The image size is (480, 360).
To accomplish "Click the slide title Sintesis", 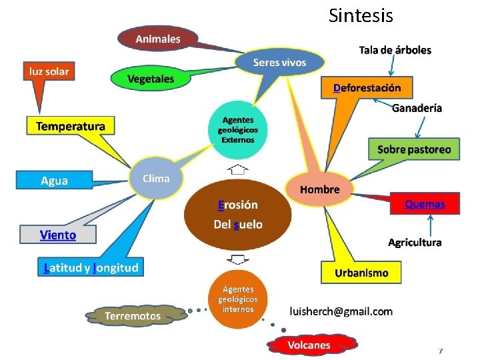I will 361,15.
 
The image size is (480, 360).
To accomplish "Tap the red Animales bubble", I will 158,39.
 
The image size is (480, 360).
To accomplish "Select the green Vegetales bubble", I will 151,79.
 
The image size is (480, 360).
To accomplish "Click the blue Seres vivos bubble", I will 279,63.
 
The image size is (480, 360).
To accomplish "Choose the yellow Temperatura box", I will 70,126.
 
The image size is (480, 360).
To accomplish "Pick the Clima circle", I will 156,179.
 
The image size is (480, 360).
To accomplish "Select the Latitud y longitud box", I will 91,268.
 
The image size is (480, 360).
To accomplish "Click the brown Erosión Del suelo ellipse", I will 238,214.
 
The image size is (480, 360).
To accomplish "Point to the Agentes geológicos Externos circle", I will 238,129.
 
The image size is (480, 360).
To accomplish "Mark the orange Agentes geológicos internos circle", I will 238,299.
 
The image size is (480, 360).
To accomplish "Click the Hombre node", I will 319,189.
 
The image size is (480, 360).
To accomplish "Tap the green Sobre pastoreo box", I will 414,149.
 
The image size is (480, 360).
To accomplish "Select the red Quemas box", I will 425,204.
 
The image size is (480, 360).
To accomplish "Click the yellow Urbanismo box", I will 361,273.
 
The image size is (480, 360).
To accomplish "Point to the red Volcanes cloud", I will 309,345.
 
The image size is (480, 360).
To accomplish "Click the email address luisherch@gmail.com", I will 341,311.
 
